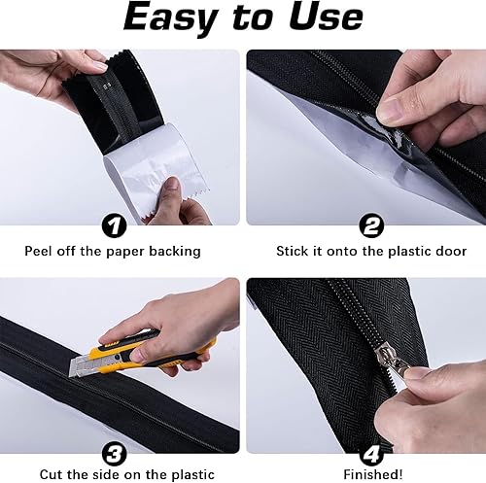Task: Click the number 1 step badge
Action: [x=114, y=226]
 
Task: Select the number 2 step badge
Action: [x=371, y=225]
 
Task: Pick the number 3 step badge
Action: [x=114, y=455]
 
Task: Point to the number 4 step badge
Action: [x=371, y=455]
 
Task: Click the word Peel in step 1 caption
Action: [x=39, y=252]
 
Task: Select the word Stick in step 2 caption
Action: [x=292, y=252]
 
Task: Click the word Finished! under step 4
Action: [x=373, y=475]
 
